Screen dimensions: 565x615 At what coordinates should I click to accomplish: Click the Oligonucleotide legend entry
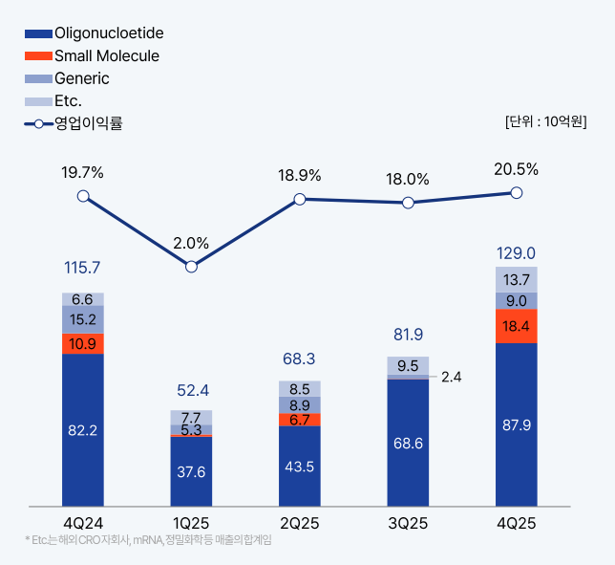(x=95, y=33)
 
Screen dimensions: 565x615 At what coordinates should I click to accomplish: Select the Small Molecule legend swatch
(x=38, y=56)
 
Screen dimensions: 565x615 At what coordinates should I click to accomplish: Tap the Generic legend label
(x=82, y=78)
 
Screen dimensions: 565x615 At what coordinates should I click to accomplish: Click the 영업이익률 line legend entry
(x=76, y=122)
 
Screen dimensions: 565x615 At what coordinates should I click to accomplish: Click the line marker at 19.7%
(x=83, y=196)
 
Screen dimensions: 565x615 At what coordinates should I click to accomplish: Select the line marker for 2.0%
(x=191, y=267)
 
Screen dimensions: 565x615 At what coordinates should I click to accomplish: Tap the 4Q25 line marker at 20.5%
(x=517, y=192)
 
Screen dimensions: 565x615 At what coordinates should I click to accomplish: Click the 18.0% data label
(x=408, y=179)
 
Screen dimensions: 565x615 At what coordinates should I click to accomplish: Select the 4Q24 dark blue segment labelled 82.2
(x=83, y=430)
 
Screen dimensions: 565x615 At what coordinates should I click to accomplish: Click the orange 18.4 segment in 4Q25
(x=517, y=326)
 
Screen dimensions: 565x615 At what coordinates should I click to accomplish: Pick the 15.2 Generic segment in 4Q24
(x=83, y=319)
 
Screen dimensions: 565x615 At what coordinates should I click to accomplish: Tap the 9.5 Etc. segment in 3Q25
(x=408, y=365)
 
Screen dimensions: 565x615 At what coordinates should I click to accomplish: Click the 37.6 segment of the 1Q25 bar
(x=191, y=471)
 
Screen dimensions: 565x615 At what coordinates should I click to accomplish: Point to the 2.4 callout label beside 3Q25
(x=452, y=377)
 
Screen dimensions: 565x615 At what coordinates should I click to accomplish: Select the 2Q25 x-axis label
(x=300, y=524)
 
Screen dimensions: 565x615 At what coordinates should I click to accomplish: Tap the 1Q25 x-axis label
(x=191, y=524)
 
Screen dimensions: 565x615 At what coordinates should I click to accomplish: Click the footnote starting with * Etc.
(x=148, y=541)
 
